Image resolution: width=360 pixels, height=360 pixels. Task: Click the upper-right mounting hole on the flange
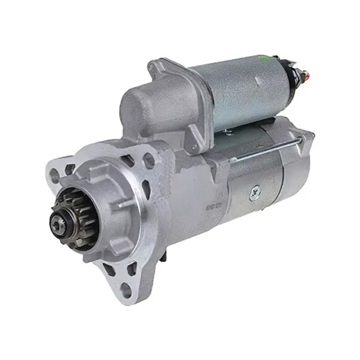[149, 160]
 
